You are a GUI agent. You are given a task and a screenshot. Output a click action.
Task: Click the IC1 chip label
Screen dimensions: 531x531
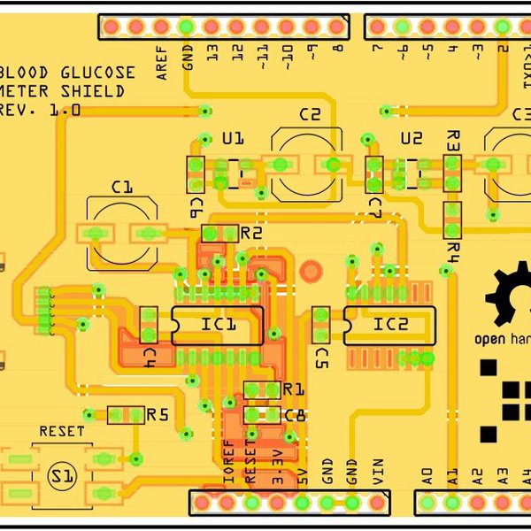point(218,326)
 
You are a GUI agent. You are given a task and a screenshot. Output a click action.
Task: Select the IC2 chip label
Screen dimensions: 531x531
point(390,325)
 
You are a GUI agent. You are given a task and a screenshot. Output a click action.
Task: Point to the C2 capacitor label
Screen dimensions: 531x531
point(309,114)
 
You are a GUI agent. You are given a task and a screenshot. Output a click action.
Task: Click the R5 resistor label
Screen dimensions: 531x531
point(158,414)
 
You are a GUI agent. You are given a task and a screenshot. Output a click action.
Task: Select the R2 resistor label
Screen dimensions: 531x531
point(251,233)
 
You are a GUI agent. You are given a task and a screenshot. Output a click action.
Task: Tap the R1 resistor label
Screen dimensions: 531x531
point(293,390)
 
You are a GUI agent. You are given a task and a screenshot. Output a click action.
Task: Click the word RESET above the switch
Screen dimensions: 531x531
point(62,431)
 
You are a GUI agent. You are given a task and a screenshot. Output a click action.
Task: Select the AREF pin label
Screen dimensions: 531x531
point(162,64)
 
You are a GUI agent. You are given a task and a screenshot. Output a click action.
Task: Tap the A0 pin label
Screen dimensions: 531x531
point(427,476)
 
